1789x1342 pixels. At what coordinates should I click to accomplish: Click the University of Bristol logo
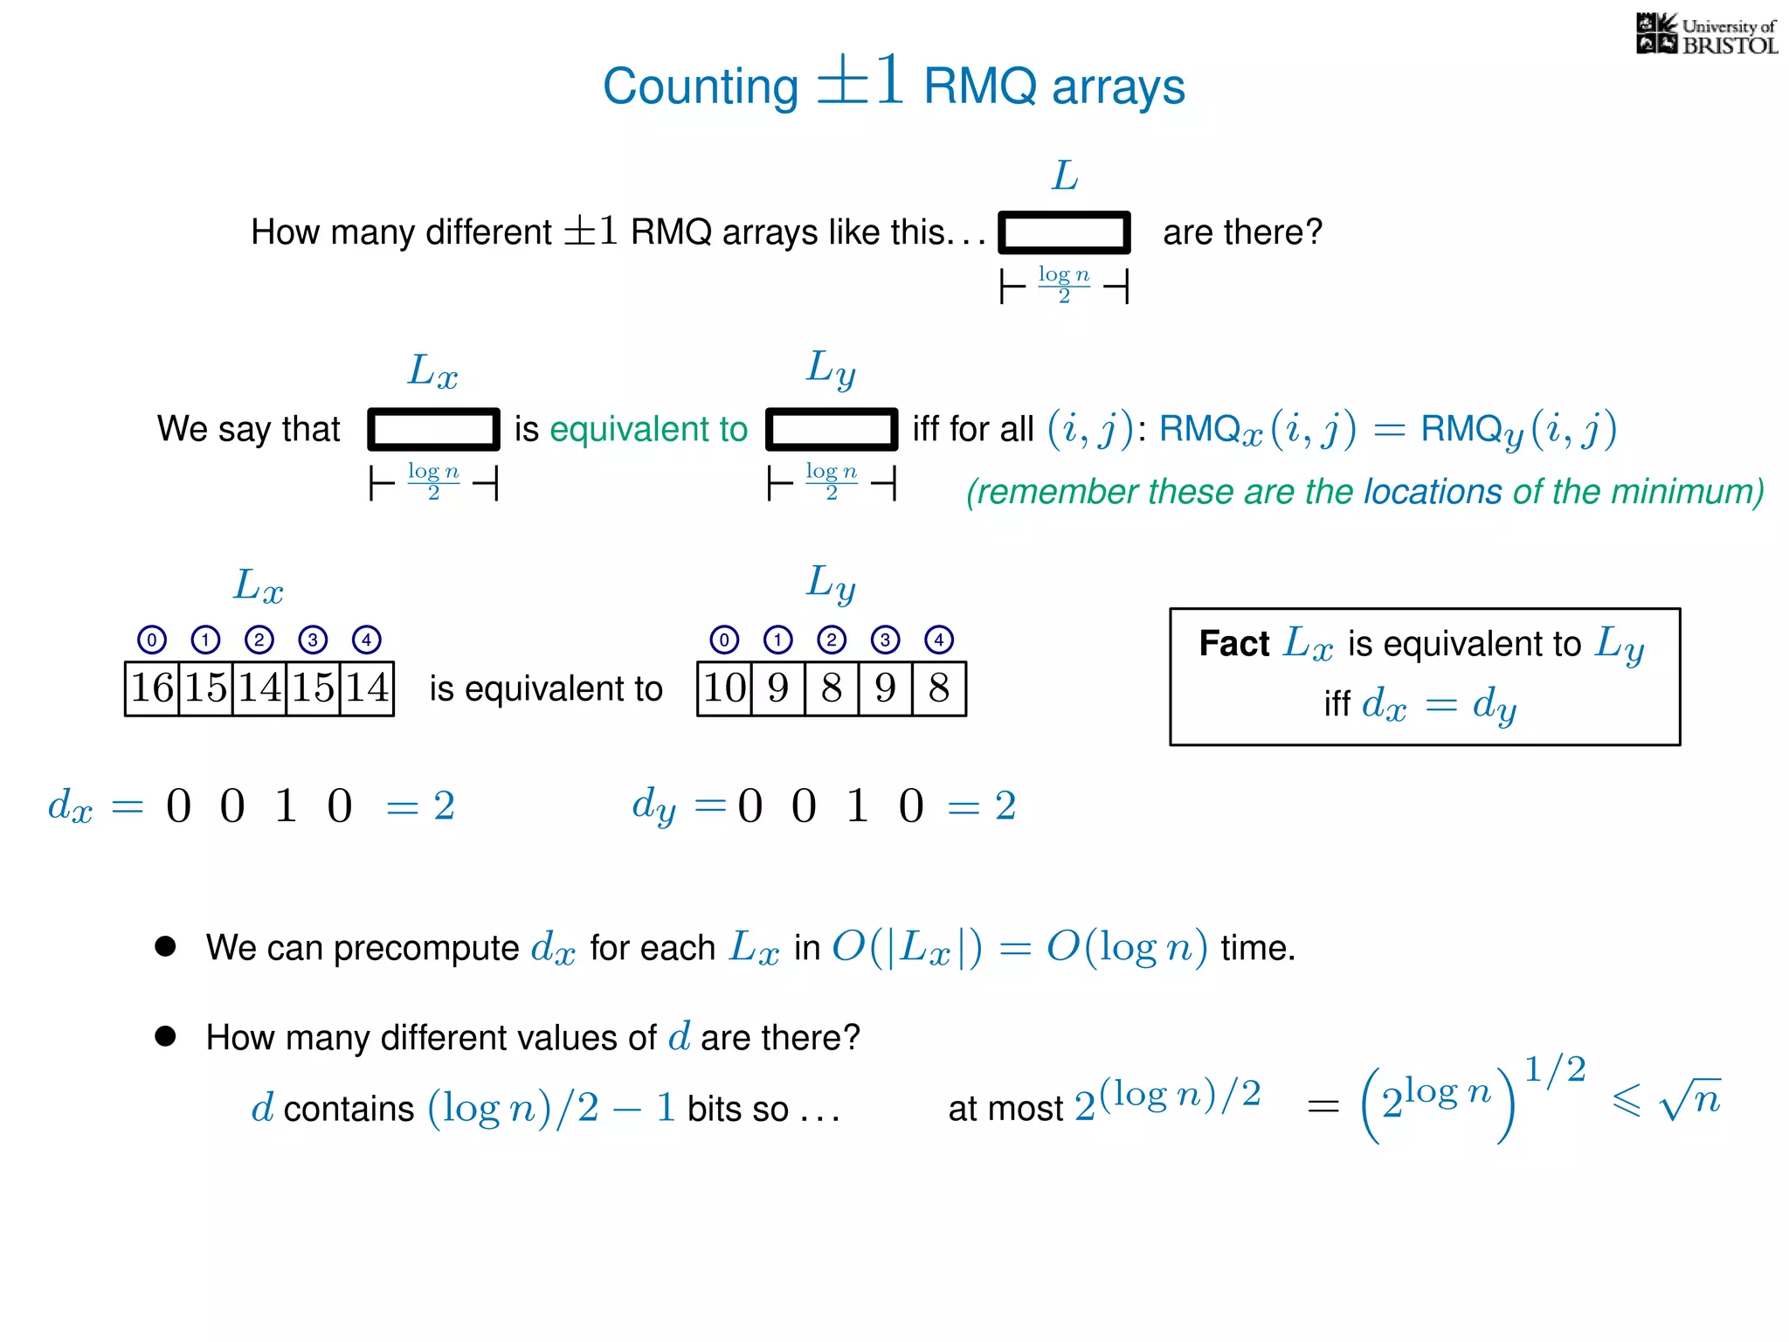click(x=1706, y=35)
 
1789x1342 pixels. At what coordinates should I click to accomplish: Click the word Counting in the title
click(x=700, y=86)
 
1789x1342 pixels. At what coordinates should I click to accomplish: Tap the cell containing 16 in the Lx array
click(x=152, y=688)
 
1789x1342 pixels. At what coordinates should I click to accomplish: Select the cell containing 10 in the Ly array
click(x=724, y=688)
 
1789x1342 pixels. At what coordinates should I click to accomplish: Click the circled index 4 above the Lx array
click(x=366, y=640)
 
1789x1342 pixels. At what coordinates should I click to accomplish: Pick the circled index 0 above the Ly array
click(x=724, y=640)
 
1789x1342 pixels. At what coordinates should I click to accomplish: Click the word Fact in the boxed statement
click(x=1233, y=644)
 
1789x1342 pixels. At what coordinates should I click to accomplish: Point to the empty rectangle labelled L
click(x=1064, y=232)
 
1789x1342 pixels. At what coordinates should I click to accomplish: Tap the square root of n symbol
click(x=1690, y=1099)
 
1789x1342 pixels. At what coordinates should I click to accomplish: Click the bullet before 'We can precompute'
click(x=165, y=946)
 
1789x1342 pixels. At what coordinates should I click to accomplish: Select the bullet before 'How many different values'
click(x=165, y=1036)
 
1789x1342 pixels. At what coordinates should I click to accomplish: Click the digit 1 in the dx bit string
click(x=286, y=805)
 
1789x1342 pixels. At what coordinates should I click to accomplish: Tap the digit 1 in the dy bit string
click(x=857, y=805)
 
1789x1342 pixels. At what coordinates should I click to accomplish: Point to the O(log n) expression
click(x=1127, y=947)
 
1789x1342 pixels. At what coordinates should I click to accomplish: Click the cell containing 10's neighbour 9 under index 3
click(x=885, y=688)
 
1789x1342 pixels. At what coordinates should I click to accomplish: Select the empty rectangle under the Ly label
click(x=832, y=429)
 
